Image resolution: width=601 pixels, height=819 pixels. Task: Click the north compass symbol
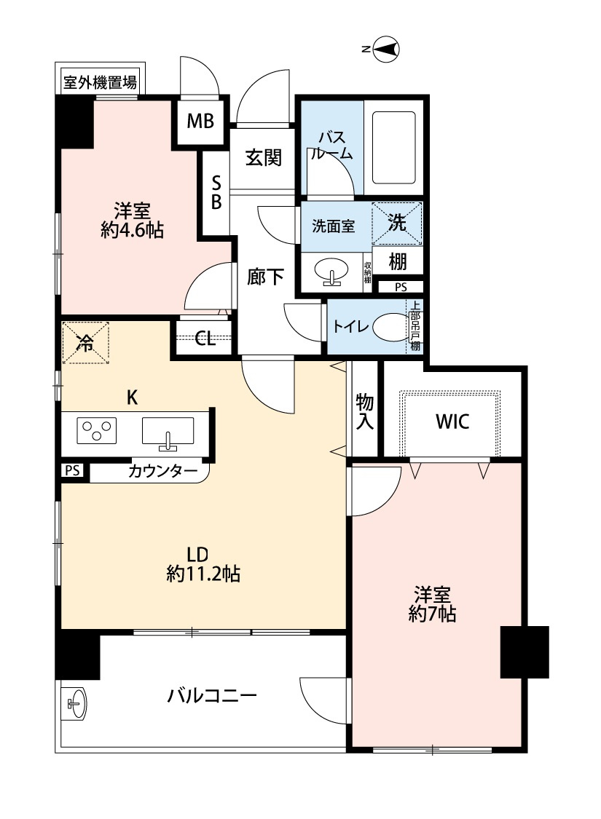coord(386,50)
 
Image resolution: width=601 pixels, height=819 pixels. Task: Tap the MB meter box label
coord(200,121)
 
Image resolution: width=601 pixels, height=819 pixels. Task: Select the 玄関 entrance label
coord(264,157)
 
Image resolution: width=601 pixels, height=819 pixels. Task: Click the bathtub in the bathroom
coord(393,148)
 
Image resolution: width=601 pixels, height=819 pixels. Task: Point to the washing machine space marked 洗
coord(396,223)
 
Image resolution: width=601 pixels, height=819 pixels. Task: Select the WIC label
coord(452,422)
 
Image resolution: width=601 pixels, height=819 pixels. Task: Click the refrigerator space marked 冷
coord(85,343)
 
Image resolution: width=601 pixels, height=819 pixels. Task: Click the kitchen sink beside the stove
coord(168,433)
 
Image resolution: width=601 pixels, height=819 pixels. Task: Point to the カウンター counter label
coord(162,472)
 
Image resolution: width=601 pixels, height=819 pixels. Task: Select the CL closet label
coord(205,339)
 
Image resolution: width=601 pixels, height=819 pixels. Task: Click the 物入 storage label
coord(365,412)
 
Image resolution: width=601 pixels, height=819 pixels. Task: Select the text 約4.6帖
coord(133,230)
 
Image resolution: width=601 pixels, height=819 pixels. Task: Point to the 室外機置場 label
coord(101,82)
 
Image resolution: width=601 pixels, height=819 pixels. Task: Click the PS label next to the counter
coord(73,470)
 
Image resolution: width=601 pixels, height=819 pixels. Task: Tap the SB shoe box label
coord(216,193)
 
